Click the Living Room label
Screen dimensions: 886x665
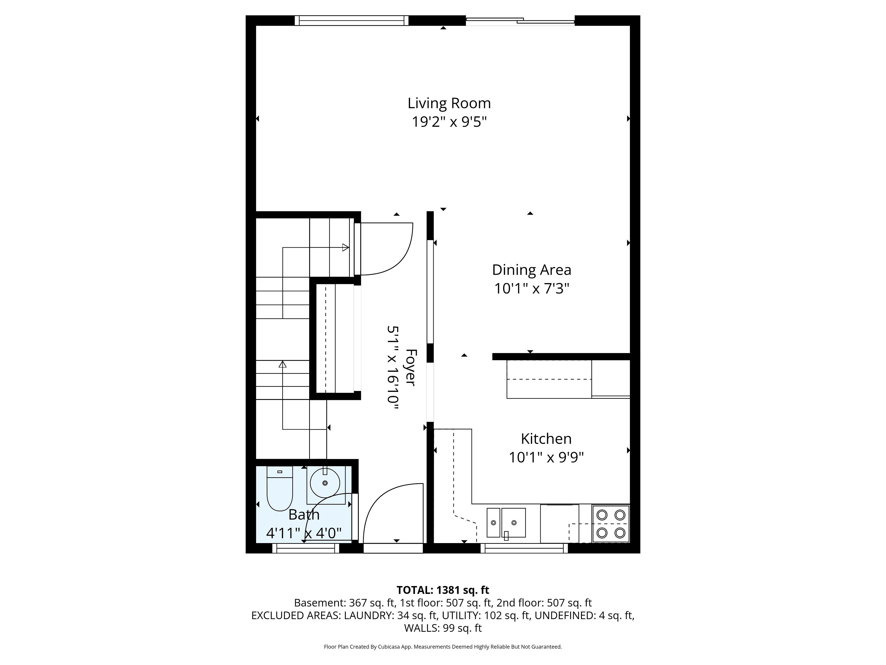(x=449, y=103)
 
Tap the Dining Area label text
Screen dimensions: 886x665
(x=532, y=270)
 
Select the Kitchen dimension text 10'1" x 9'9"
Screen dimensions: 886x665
(x=546, y=457)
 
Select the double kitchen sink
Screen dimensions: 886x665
(x=506, y=523)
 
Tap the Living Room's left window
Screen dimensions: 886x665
(x=352, y=21)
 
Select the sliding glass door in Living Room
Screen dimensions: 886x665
(x=520, y=21)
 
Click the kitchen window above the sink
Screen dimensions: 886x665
(x=524, y=548)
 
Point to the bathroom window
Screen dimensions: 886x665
(x=306, y=548)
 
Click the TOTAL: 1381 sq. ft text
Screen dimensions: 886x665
(x=443, y=590)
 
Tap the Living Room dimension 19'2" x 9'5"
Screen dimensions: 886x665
(x=449, y=121)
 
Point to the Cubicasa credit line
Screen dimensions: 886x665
(x=443, y=647)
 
